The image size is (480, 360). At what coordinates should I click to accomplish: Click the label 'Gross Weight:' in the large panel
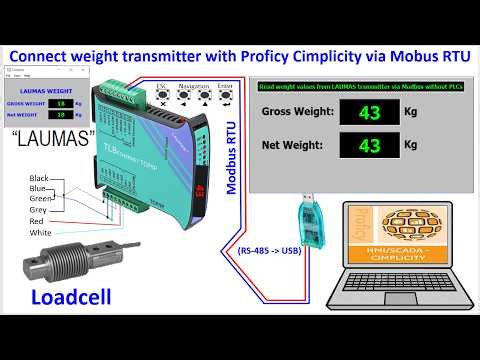coord(297,113)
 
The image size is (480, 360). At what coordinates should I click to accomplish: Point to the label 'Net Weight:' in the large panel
coord(292,146)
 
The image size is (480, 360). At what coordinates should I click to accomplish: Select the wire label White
coord(41,232)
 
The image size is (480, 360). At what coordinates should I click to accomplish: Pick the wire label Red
coord(37,221)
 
